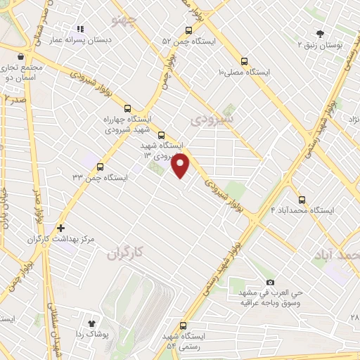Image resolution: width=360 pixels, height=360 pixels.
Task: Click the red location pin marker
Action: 181,166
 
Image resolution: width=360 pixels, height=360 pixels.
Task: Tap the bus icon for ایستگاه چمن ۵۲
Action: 188,30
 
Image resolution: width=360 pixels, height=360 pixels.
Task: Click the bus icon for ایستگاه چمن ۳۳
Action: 101,167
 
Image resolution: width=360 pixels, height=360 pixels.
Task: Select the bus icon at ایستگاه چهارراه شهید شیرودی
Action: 127,108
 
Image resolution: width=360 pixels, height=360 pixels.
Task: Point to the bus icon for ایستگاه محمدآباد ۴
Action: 302,200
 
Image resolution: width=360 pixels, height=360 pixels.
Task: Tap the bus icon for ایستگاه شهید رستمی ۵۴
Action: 184,326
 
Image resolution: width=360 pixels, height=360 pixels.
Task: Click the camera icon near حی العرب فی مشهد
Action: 270,282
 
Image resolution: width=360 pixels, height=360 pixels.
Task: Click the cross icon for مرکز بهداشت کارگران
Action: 61,228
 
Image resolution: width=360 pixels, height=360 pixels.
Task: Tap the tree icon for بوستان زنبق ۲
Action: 321,33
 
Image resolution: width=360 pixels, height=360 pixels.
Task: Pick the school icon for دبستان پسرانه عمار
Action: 79,29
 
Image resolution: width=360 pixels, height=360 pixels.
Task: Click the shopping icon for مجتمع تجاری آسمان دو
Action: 21,57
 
